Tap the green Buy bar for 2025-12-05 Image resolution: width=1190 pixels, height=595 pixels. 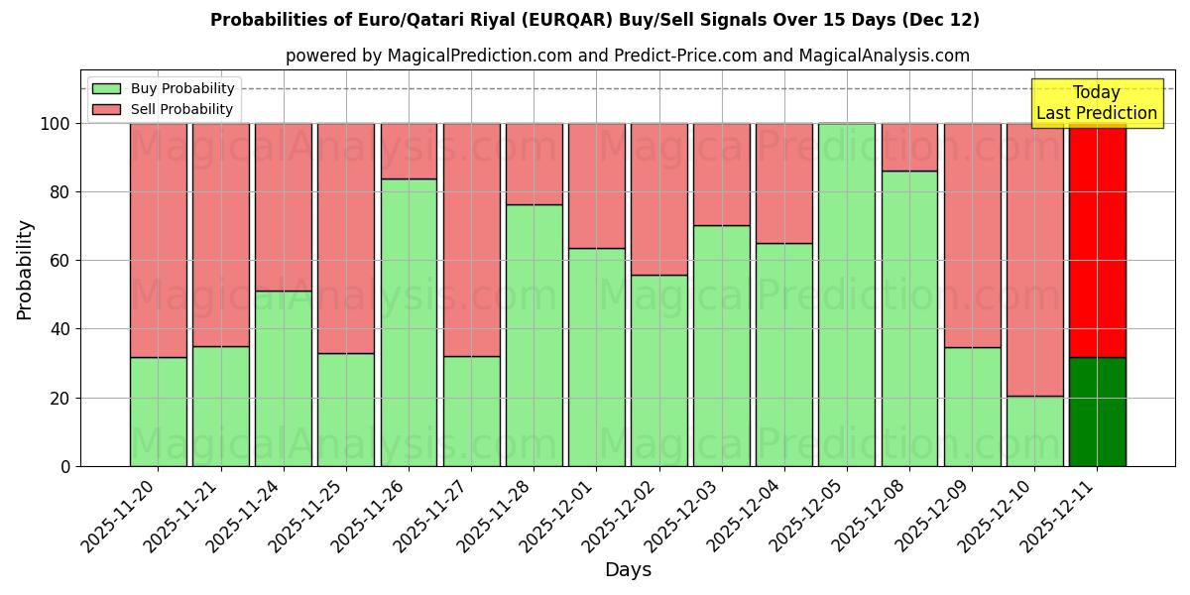coord(846,295)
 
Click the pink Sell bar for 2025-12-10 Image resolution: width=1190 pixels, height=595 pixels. coord(1034,260)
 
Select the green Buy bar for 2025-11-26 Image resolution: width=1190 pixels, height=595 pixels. coord(409,322)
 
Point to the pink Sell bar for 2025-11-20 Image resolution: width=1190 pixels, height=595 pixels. coord(158,240)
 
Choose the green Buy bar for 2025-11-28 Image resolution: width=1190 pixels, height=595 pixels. coord(534,335)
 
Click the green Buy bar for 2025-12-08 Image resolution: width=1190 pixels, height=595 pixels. coord(909,318)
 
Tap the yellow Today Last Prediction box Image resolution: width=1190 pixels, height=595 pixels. coord(1096,103)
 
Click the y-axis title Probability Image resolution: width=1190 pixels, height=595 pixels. coord(25,270)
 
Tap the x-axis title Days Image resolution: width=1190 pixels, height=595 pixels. coord(628,570)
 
